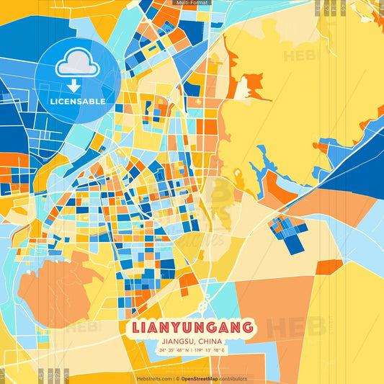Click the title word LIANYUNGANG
point(192,328)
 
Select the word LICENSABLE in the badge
point(78,102)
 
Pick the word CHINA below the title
point(210,341)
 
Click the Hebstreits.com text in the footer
point(153,378)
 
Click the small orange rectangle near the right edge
point(330,267)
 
